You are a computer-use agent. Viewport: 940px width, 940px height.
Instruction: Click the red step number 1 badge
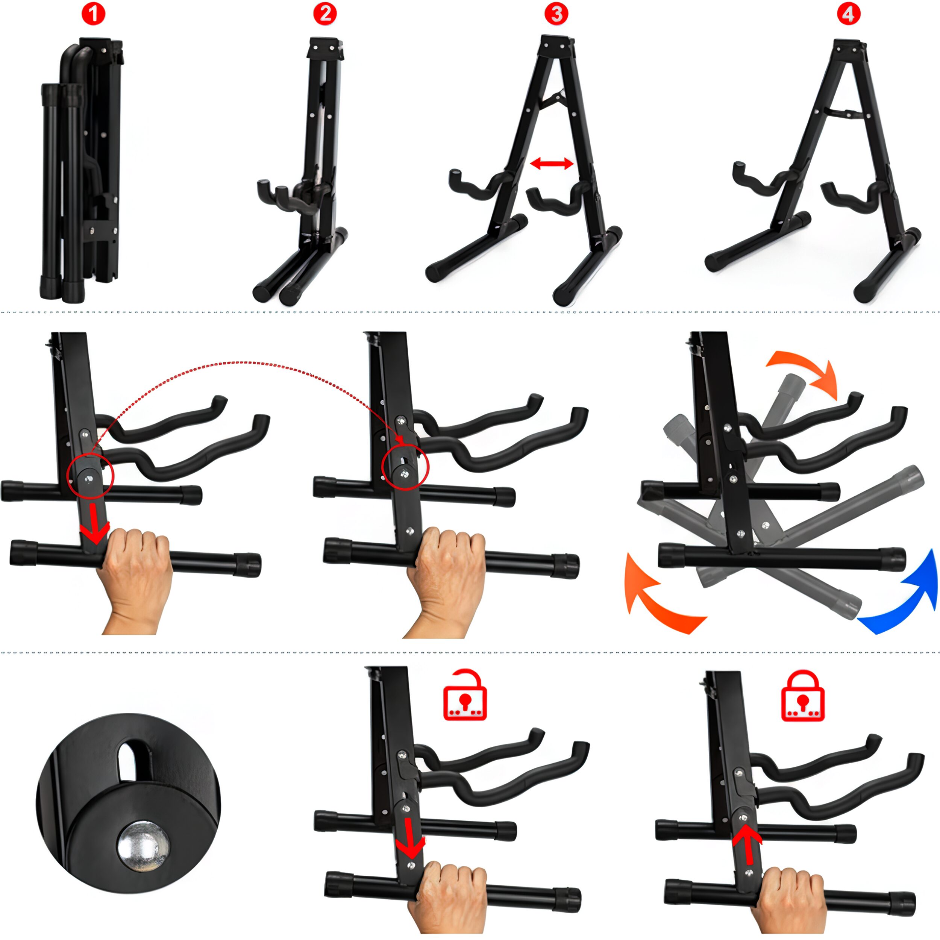[x=93, y=15]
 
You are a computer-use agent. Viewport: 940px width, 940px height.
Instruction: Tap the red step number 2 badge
[x=324, y=14]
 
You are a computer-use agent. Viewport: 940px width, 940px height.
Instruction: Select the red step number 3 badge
[x=556, y=14]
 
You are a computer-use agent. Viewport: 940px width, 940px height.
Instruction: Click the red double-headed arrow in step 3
[x=551, y=164]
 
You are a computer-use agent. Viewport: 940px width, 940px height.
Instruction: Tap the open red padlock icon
[x=465, y=695]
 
